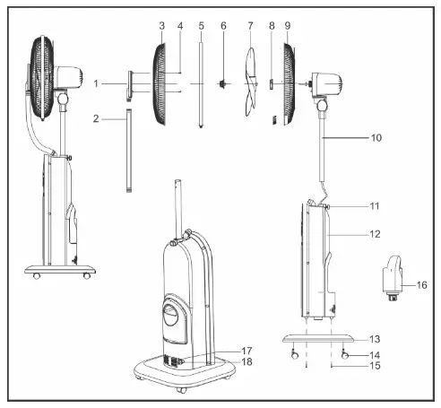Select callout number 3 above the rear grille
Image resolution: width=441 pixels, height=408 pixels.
pyautogui.click(x=161, y=26)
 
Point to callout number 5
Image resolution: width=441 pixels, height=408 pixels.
pyautogui.click(x=201, y=26)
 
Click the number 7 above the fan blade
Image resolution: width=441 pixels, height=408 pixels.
pyautogui.click(x=250, y=26)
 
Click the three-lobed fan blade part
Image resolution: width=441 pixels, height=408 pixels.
pyautogui.click(x=250, y=82)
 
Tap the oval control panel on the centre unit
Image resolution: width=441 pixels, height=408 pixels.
pyautogui.click(x=171, y=316)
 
